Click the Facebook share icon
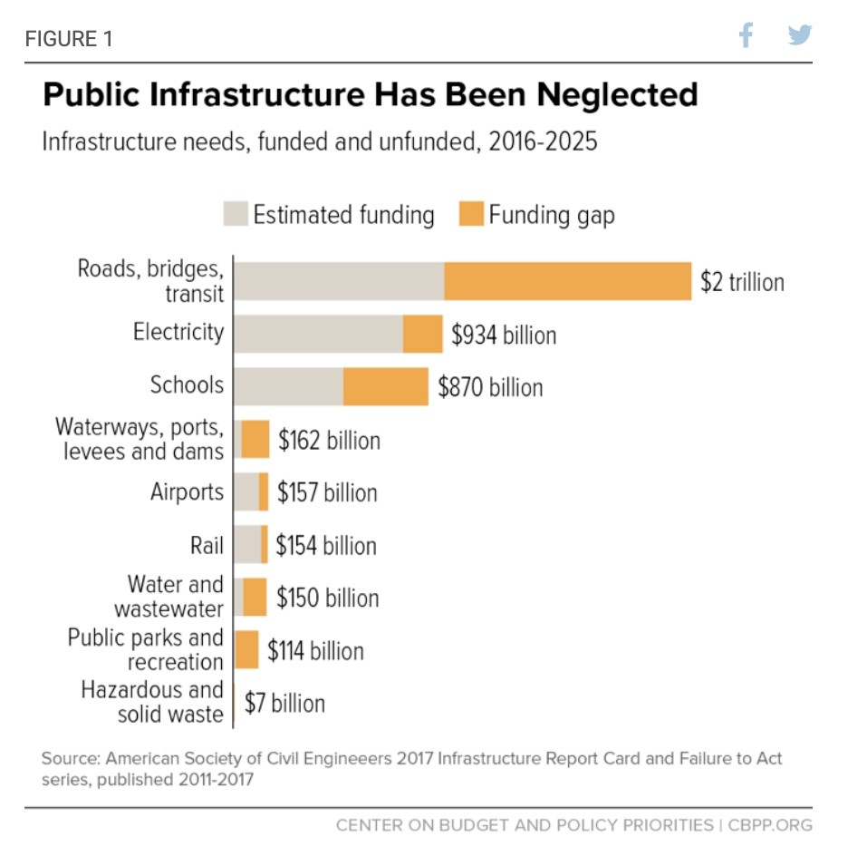click(746, 36)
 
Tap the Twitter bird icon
click(799, 36)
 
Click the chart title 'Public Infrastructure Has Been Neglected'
click(371, 95)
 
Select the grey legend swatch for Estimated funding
click(236, 215)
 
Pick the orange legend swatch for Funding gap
click(471, 215)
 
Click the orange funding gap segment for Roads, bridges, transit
click(567, 281)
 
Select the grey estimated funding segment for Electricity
click(318, 334)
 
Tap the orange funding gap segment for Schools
click(385, 387)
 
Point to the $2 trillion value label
click(742, 282)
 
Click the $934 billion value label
click(504, 335)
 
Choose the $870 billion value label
click(490, 387)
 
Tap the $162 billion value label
click(329, 440)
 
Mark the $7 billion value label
click(284, 703)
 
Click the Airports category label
click(187, 492)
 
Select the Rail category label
click(207, 545)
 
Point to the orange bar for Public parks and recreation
click(246, 650)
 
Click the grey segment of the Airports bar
click(246, 492)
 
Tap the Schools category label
click(187, 384)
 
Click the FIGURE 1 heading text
click(69, 39)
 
